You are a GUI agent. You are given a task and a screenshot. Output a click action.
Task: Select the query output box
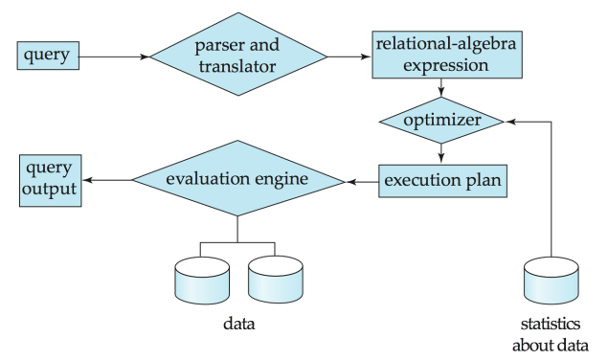click(48, 179)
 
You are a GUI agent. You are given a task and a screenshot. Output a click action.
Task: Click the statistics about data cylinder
click(552, 281)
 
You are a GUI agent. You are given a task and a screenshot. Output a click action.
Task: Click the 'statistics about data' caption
click(552, 335)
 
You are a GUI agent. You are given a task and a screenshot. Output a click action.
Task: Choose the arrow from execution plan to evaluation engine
click(361, 179)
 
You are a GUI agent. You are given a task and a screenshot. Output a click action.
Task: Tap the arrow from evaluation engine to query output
click(105, 179)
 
